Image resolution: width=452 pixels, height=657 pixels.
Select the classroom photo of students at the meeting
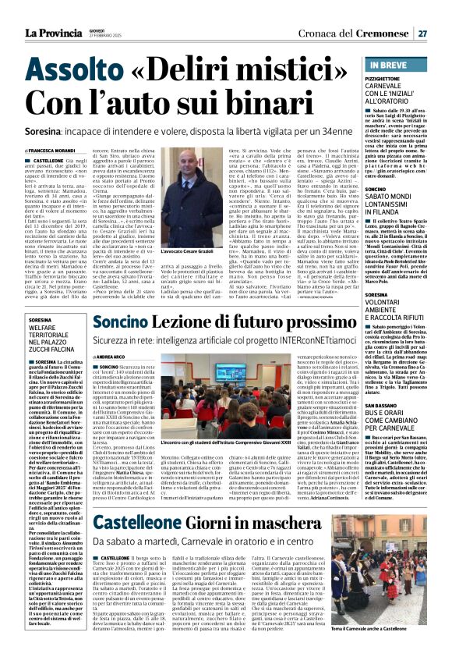(249, 400)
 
